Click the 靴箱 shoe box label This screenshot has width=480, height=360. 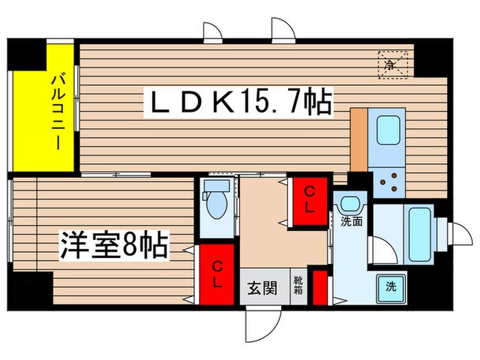[298, 284]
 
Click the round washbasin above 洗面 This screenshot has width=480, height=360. [352, 204]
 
